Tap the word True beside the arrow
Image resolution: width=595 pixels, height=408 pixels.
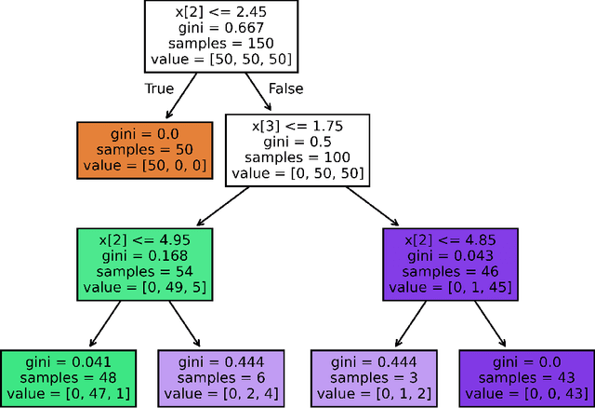point(159,89)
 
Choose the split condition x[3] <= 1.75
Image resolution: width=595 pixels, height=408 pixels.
point(297,123)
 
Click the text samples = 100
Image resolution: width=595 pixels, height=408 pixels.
point(297,156)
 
